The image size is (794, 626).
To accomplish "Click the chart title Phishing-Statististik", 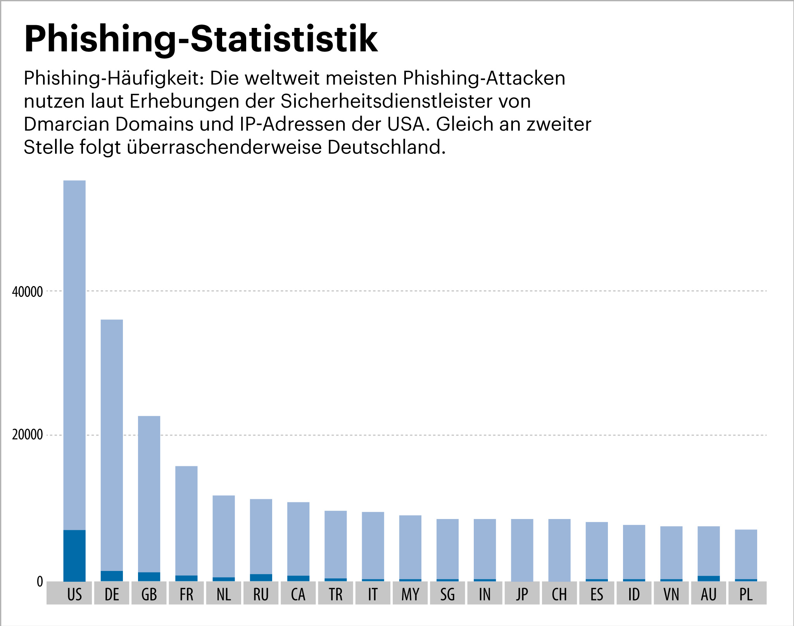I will pos(200,39).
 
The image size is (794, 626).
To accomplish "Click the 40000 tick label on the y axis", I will pos(27,292).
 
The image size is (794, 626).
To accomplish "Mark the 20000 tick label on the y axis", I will pos(27,435).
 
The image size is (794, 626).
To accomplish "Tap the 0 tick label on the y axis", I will pos(40,582).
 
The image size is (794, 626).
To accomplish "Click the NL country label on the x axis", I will pos(224,594).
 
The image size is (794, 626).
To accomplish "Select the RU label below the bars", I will pos(261,594).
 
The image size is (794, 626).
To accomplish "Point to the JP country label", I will pos(522,594).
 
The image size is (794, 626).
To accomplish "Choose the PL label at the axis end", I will pos(746,594).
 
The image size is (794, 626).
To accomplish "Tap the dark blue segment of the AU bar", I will pos(709,579).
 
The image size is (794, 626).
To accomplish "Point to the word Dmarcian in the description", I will pos(66,124).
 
